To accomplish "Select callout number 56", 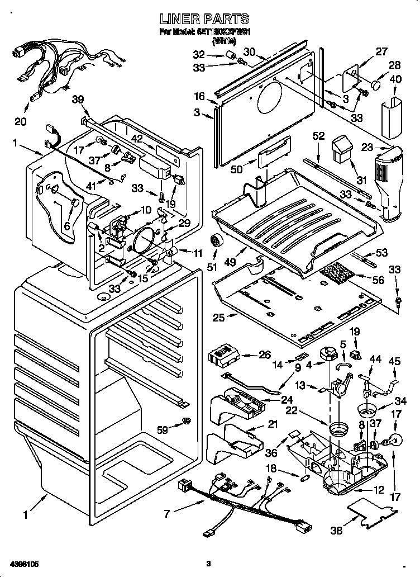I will pyautogui.click(x=378, y=280).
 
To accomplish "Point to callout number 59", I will pyautogui.click(x=162, y=429).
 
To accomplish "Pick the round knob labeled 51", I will pyautogui.click(x=214, y=242).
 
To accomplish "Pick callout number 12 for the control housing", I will pyautogui.click(x=379, y=490).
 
